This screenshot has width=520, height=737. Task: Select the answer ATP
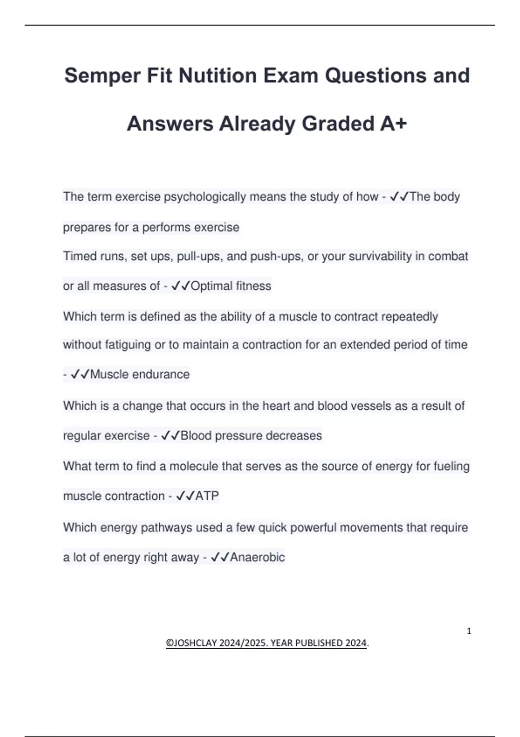pyautogui.click(x=207, y=496)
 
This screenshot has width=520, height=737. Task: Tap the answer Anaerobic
pyautogui.click(x=257, y=557)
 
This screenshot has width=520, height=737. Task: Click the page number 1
pyautogui.click(x=469, y=631)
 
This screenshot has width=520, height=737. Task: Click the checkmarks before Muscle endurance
pyautogui.click(x=80, y=374)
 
